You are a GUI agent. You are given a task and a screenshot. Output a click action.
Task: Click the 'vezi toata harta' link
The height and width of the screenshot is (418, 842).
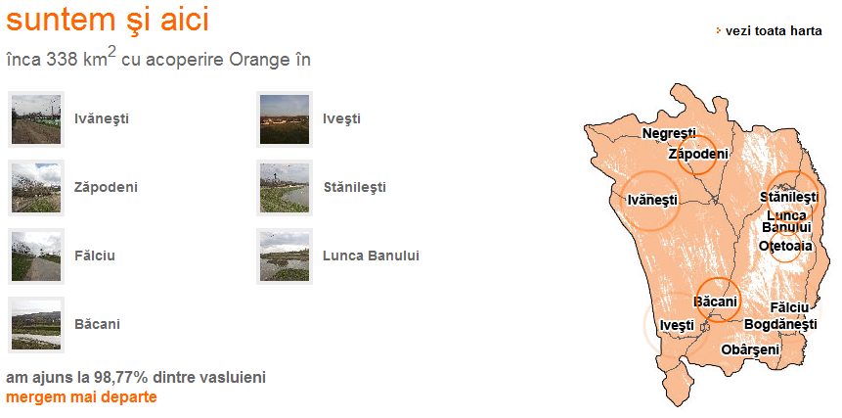774,31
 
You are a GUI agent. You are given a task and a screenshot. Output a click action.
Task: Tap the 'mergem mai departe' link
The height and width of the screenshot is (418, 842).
81,397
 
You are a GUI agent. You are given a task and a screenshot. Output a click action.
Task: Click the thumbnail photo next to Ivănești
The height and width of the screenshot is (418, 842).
36,119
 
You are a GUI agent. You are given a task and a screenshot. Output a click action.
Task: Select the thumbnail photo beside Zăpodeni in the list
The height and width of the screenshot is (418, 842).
36,188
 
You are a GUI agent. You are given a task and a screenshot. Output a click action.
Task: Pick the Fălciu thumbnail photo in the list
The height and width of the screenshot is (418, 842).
36,255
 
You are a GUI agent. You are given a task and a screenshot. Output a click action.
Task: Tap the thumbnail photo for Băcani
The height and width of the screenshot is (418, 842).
36,325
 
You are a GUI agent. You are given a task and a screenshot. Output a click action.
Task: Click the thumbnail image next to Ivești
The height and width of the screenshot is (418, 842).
285,119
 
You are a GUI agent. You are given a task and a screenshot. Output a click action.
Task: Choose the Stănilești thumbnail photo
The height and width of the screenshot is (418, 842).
285,188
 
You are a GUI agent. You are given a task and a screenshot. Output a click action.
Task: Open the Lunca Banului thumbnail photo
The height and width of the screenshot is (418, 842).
285,255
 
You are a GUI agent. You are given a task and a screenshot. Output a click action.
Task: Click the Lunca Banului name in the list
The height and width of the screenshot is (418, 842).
371,255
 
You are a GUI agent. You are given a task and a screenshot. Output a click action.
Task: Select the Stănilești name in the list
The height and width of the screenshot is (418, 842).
355,188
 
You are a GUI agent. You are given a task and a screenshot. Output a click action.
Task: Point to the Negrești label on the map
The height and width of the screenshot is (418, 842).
669,134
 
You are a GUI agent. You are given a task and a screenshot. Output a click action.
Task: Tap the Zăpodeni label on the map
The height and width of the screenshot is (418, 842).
698,155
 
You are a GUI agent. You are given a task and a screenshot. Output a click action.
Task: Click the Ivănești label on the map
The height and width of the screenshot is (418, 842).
652,201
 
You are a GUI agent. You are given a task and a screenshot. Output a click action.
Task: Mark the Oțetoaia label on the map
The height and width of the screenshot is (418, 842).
785,246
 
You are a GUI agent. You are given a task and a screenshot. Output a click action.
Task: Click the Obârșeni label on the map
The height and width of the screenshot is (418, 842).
750,349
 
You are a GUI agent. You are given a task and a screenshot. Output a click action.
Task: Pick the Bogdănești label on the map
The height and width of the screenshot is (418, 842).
780,325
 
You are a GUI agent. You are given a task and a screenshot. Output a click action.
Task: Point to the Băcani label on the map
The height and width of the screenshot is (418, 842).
715,301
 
